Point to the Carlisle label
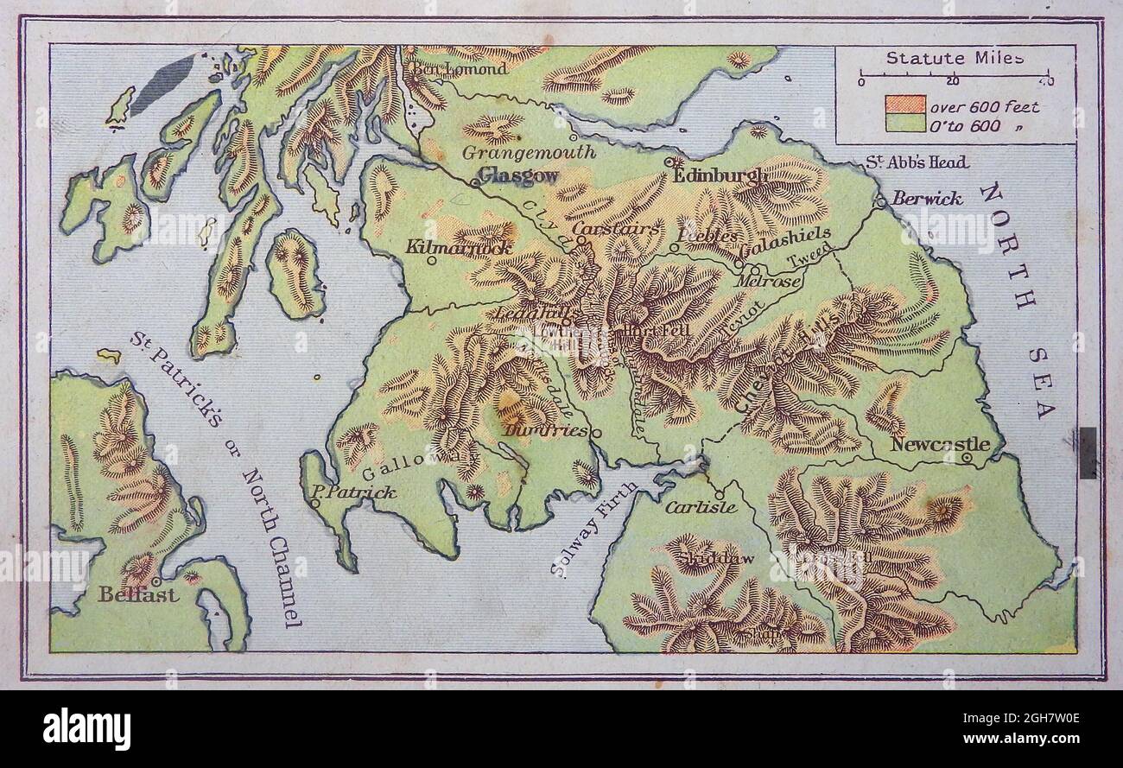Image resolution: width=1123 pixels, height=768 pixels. (x=701, y=507)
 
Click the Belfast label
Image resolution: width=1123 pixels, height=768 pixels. (x=138, y=594)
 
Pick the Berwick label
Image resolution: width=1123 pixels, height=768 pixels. (x=927, y=199)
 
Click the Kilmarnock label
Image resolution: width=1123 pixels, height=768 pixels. (x=459, y=247)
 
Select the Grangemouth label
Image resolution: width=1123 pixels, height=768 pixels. (x=529, y=152)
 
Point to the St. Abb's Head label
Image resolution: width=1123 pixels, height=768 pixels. (x=917, y=162)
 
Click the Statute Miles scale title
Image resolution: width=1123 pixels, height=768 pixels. (x=955, y=59)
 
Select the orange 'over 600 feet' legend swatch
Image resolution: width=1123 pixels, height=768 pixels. (x=904, y=106)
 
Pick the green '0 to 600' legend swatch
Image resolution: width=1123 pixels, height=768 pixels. (x=904, y=124)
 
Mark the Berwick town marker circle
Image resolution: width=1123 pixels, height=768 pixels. (x=880, y=201)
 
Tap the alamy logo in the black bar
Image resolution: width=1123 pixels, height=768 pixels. (x=86, y=728)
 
